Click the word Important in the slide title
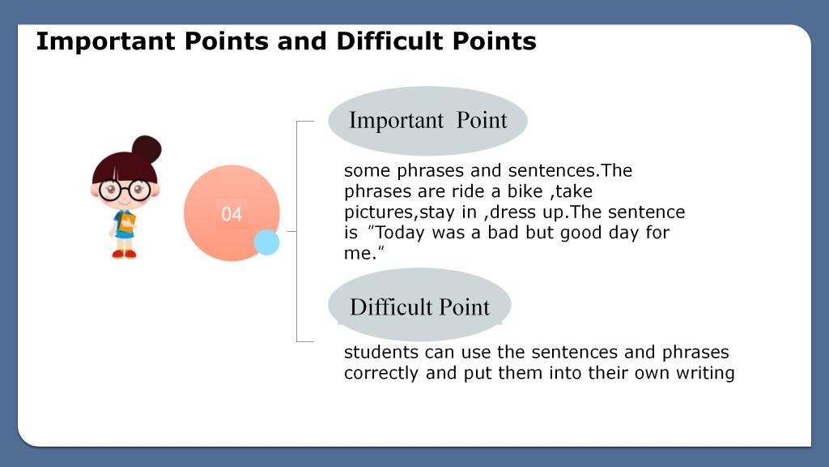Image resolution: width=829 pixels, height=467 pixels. click(105, 41)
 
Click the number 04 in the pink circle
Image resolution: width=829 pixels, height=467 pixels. click(232, 214)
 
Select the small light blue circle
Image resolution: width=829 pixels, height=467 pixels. click(266, 242)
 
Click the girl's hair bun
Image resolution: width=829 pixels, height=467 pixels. click(147, 150)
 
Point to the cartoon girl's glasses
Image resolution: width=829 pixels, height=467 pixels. click(125, 190)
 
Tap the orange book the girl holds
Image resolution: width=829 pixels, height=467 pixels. click(127, 222)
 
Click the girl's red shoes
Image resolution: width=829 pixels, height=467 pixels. click(124, 254)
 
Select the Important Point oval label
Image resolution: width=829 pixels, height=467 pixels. click(427, 121)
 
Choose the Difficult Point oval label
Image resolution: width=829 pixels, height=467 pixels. click(420, 306)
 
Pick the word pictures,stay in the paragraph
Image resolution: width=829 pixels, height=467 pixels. click(400, 212)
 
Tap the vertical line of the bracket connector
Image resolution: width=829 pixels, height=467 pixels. click(296, 231)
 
